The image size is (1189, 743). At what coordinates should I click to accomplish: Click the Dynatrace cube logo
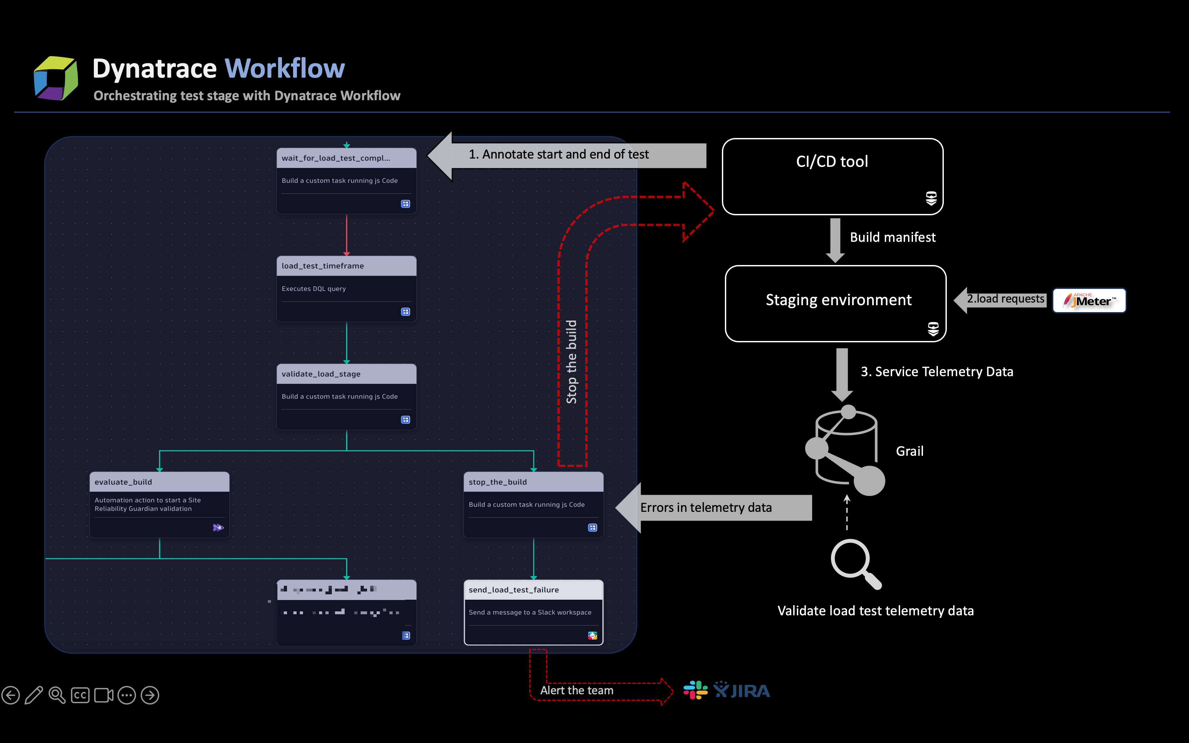tap(55, 78)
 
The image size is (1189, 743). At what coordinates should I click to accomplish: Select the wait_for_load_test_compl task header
tap(336, 158)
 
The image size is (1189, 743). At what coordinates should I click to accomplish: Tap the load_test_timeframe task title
tap(323, 266)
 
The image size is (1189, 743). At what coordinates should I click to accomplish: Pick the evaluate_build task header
tap(123, 482)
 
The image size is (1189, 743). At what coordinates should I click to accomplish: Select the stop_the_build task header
tap(497, 482)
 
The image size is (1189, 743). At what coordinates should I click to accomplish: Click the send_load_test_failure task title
tap(514, 590)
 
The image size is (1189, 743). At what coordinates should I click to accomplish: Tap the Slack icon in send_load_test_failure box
tap(593, 636)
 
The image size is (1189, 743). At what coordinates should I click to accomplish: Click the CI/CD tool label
tap(832, 162)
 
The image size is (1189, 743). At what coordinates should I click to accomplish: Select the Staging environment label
tap(838, 300)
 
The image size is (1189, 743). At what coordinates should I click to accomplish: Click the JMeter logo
tap(1089, 300)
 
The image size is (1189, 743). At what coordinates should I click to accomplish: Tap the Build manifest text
tap(892, 237)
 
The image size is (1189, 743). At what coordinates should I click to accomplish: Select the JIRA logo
tap(742, 690)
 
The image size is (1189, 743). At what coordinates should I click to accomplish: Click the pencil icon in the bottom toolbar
tap(34, 695)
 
